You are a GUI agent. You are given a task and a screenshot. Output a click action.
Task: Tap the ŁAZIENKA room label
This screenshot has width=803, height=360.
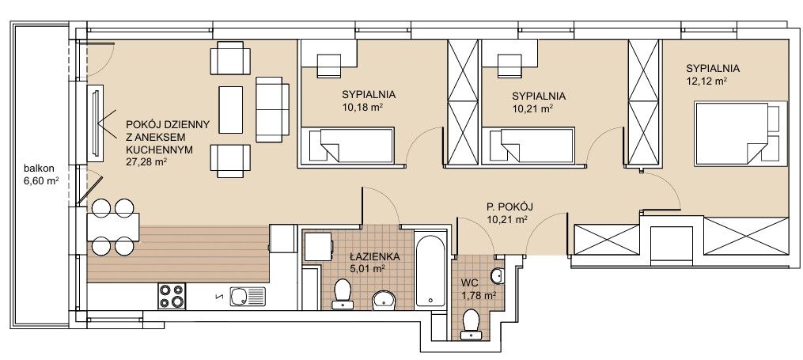click(374, 257)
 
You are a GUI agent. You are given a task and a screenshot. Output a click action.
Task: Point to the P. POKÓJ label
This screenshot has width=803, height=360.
click(509, 207)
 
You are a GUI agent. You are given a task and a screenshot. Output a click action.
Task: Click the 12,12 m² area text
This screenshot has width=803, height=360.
click(707, 81)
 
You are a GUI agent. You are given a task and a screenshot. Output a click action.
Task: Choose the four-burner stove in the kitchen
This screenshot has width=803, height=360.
click(172, 296)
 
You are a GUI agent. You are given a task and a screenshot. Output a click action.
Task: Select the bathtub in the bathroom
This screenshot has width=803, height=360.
click(430, 271)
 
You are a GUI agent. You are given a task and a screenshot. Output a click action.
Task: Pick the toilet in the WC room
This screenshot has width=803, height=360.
click(471, 324)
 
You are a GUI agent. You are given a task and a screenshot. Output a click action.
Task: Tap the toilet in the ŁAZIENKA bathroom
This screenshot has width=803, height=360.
click(342, 294)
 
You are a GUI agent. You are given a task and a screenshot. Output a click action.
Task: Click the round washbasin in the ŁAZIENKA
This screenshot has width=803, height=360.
click(384, 301)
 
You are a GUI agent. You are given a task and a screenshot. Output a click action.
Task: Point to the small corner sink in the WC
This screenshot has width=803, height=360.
click(498, 276)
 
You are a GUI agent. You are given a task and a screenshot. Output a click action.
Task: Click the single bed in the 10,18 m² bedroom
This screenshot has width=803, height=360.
click(347, 146)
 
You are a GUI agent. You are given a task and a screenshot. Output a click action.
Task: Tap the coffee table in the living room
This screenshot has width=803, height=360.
click(230, 110)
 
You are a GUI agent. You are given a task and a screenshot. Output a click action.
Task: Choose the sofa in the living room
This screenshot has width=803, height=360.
click(272, 109)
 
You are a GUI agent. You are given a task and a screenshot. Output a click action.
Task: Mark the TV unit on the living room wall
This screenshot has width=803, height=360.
click(95, 123)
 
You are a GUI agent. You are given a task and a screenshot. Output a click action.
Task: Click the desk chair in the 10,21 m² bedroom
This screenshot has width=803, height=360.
click(509, 66)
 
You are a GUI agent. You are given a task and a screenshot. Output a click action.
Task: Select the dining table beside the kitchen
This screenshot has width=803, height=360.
click(113, 227)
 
